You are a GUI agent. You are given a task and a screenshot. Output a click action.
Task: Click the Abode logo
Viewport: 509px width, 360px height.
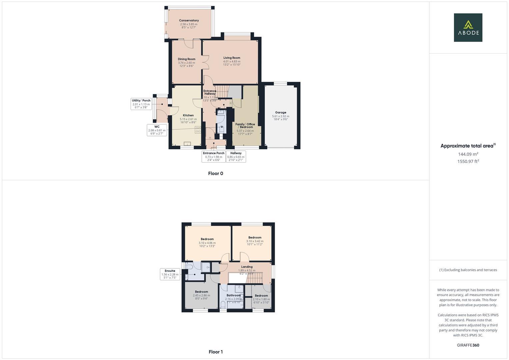468,27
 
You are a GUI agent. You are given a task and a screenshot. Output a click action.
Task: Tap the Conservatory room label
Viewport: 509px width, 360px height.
189,21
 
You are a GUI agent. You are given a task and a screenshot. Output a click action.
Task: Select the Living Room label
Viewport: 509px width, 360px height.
232,58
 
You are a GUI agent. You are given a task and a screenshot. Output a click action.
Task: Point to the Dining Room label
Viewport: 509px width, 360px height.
186,59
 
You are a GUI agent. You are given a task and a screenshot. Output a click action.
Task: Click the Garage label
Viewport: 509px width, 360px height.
281,113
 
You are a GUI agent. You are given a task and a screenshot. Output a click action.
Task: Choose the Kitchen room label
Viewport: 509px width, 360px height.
188,115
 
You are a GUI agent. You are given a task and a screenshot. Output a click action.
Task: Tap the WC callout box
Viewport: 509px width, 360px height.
157,130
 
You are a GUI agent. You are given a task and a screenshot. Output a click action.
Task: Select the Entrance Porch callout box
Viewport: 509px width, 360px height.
214,156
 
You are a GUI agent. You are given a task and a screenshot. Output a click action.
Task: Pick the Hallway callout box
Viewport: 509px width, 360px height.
236,156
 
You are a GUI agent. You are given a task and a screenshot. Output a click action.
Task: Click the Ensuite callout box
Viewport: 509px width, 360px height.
170,274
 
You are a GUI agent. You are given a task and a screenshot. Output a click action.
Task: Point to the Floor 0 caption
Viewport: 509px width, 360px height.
216,173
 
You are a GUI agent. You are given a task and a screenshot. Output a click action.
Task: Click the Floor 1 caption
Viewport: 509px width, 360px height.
216,352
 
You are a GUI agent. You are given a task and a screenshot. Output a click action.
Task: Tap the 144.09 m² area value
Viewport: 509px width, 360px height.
468,154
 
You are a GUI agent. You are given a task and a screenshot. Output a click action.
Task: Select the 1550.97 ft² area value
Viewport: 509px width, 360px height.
468,161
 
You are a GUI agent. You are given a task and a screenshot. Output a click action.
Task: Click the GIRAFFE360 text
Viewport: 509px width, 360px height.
468,345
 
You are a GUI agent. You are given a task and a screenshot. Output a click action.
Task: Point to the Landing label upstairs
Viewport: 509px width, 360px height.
247,267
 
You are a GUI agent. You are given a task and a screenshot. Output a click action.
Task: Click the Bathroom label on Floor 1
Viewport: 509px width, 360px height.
233,295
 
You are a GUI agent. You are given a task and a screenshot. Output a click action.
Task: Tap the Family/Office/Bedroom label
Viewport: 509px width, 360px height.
245,126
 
